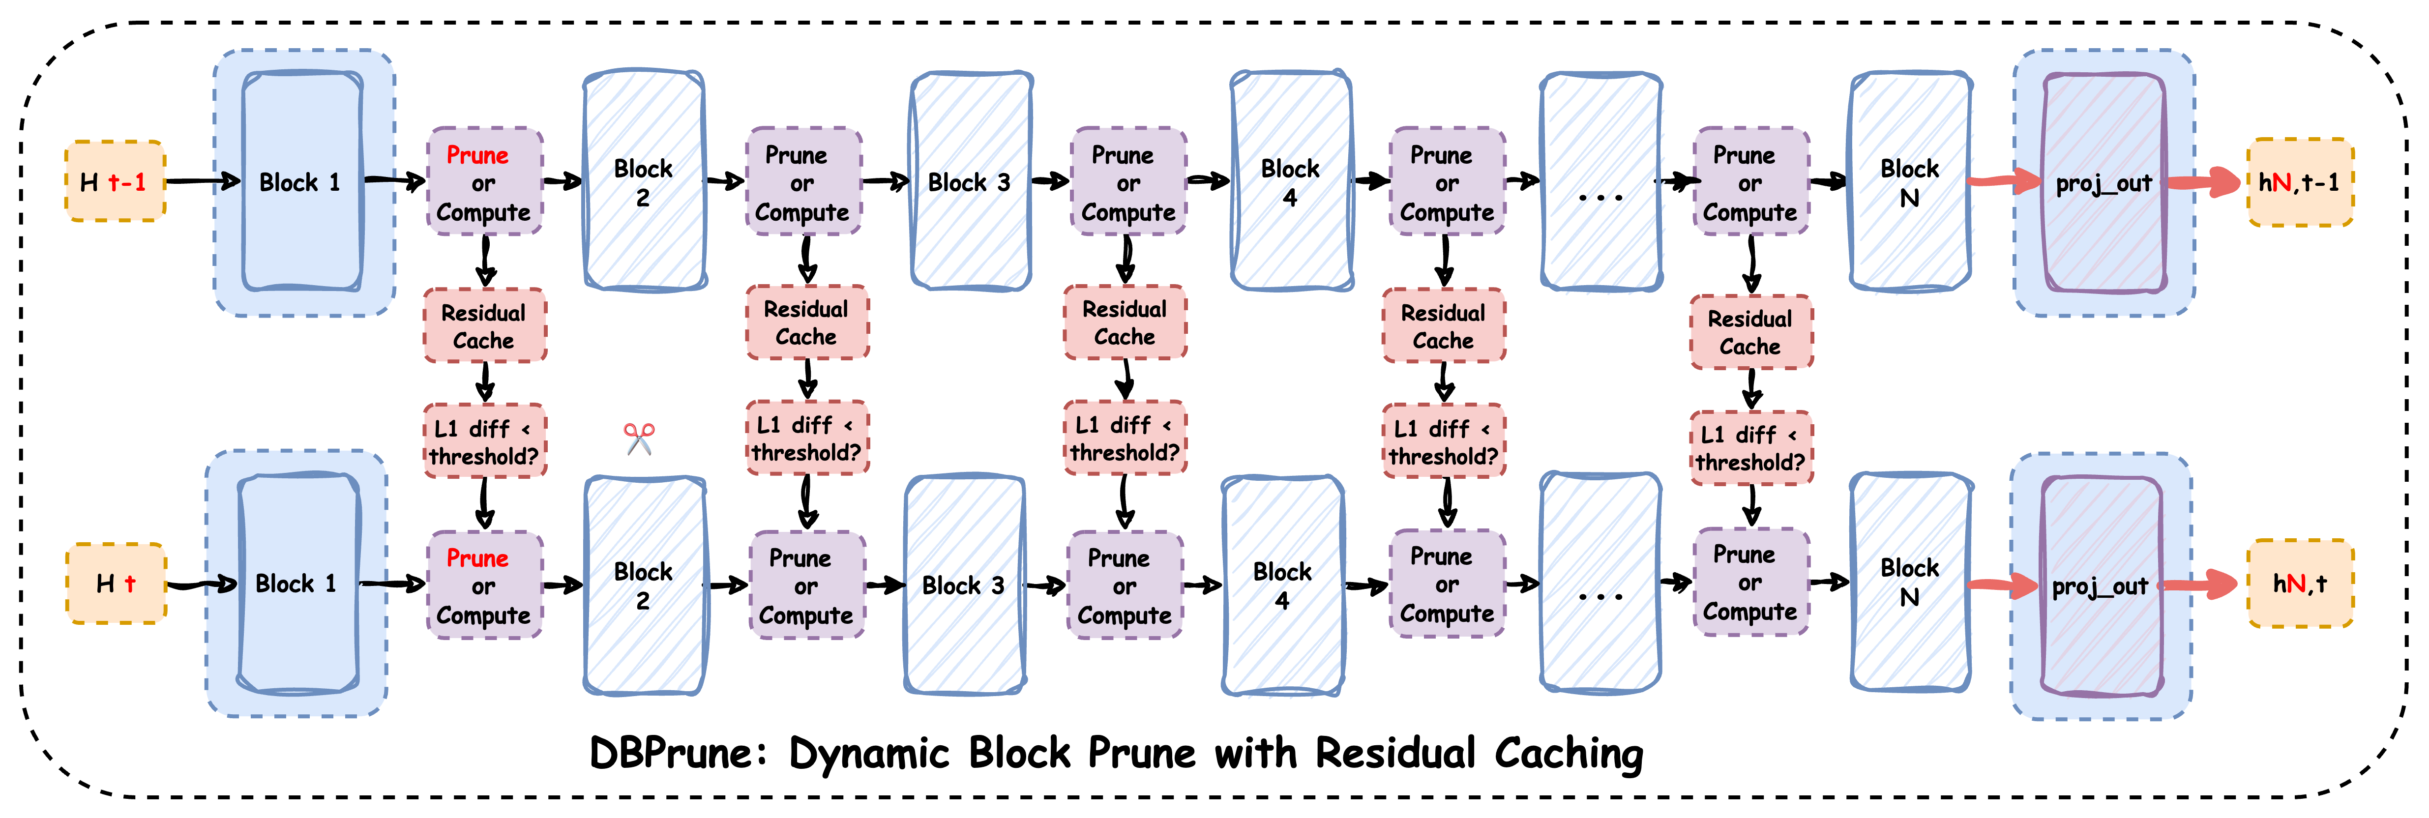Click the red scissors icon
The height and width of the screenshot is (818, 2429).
639,438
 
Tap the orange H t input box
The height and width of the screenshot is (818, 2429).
116,584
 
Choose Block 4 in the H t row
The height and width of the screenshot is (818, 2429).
1282,584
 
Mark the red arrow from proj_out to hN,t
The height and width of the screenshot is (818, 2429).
2197,584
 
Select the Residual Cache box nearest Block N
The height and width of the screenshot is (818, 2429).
1750,332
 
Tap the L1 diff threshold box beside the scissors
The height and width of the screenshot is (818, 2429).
484,441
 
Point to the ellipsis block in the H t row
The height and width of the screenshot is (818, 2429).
1600,584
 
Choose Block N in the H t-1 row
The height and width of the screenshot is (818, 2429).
1909,182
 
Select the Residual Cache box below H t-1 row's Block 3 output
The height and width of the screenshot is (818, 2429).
1124,322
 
